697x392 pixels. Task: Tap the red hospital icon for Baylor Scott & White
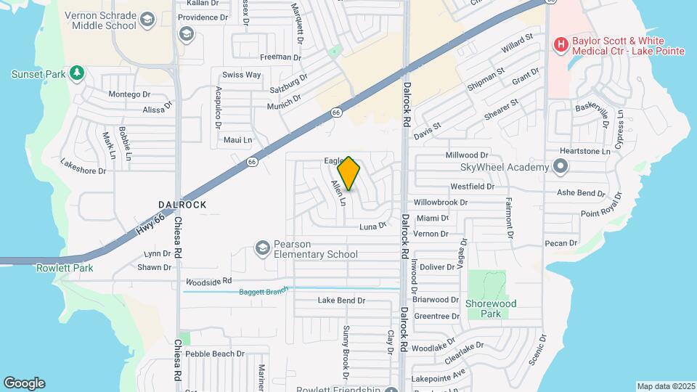pyautogui.click(x=560, y=45)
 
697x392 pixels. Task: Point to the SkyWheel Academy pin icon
pyautogui.click(x=560, y=168)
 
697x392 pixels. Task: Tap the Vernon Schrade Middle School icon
pyautogui.click(x=148, y=20)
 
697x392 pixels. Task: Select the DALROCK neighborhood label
pyautogui.click(x=182, y=205)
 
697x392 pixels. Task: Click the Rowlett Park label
pyautogui.click(x=65, y=268)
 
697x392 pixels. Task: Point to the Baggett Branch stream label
pyautogui.click(x=264, y=291)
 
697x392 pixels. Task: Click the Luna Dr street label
pyautogui.click(x=373, y=227)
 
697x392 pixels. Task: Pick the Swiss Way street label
pyautogui.click(x=241, y=75)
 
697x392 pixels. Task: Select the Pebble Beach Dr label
pyautogui.click(x=215, y=354)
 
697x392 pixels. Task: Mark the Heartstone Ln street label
pyautogui.click(x=586, y=151)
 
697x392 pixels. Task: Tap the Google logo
pyautogui.click(x=24, y=383)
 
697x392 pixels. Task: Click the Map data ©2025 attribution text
pyautogui.click(x=665, y=386)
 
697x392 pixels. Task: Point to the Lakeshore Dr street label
pyautogui.click(x=83, y=166)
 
